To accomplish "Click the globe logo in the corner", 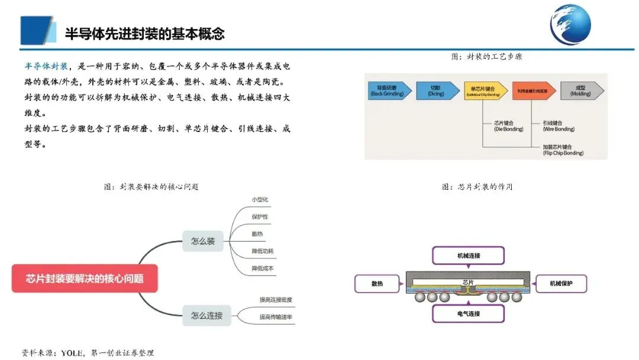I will (570, 25).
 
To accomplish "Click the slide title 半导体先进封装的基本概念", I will (144, 33).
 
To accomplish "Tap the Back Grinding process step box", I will (389, 90).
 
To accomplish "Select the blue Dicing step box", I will (437, 90).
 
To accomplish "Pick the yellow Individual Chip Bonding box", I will (485, 90).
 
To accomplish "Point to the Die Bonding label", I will (508, 126).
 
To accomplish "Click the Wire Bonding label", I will (558, 126).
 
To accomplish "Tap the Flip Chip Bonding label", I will (563, 149).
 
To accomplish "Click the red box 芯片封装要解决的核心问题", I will (85, 278).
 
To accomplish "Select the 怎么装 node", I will (203, 241).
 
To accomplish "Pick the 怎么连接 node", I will (206, 315).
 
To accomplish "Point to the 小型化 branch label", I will (260, 199).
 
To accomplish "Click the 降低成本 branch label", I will (263, 268).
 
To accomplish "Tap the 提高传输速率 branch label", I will (276, 317).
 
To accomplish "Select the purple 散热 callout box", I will (377, 284).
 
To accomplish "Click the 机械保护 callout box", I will (561, 284).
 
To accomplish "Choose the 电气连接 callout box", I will (469, 313).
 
